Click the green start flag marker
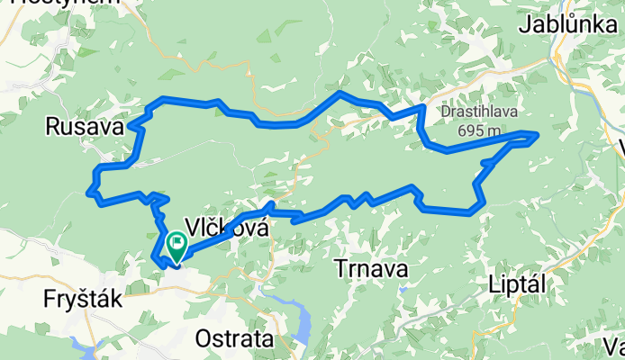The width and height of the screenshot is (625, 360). pyautogui.click(x=176, y=241)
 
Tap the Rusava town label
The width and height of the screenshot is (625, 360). pyautogui.click(x=84, y=129)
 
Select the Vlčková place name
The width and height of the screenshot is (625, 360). pyautogui.click(x=226, y=228)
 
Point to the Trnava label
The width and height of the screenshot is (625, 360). pyautogui.click(x=370, y=268)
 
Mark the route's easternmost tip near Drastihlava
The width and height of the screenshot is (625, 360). pyautogui.click(x=538, y=136)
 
